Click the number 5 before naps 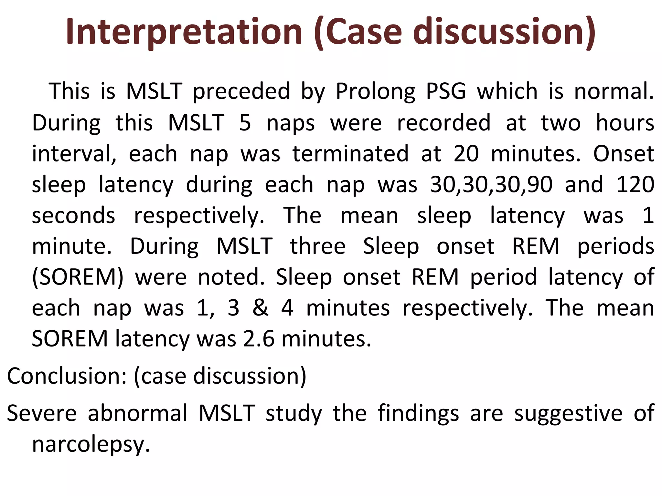[245, 123]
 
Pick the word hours [625, 123]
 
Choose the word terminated [350, 154]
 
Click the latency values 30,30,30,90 [491, 185]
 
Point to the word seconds [73, 216]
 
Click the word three [317, 247]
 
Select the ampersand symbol [260, 308]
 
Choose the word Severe [42, 413]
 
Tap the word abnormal [138, 413]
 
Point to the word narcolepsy [91, 445]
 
